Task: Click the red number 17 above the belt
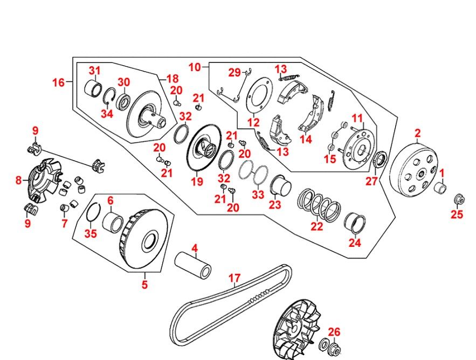[x=233, y=278]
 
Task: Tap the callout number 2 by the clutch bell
[x=417, y=133]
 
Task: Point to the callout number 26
[x=335, y=332]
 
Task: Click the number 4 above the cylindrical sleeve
[x=195, y=248]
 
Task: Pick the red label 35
[x=91, y=233]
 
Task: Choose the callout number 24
[x=354, y=243]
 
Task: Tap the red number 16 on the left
[x=58, y=82]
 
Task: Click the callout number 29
[x=234, y=73]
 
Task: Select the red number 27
[x=372, y=181]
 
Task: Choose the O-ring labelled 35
[x=92, y=212]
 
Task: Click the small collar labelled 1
[x=441, y=189]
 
